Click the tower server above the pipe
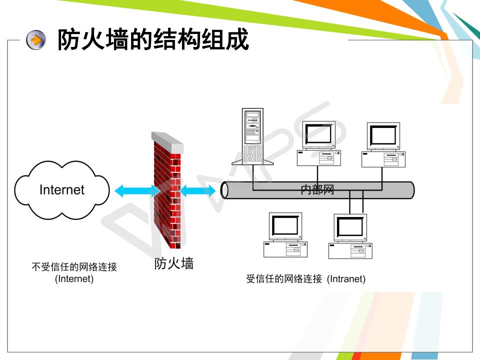[x=252, y=135]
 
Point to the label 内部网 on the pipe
[x=317, y=190]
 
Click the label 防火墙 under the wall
[x=173, y=263]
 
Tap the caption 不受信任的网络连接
[x=74, y=267]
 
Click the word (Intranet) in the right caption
[x=346, y=279]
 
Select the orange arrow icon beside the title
[x=35, y=40]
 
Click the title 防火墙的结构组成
[x=153, y=40]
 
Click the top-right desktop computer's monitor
[x=383, y=135]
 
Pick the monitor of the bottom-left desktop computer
[x=285, y=226]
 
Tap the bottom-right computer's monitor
[x=350, y=227]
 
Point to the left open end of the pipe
[x=225, y=190]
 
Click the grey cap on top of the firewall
[x=167, y=141]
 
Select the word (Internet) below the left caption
[x=74, y=279]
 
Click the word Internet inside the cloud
[x=62, y=190]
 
